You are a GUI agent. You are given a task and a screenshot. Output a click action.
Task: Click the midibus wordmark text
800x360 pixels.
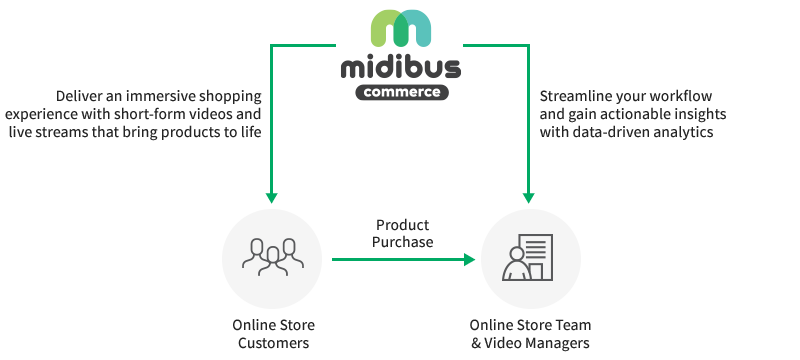pyautogui.click(x=400, y=67)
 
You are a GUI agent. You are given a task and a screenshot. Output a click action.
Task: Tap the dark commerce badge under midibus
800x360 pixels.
pyautogui.click(x=400, y=92)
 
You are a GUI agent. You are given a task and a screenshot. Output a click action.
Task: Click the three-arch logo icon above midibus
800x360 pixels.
pyautogui.click(x=400, y=27)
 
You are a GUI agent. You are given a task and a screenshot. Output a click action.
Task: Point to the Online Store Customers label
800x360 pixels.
pyautogui.click(x=271, y=334)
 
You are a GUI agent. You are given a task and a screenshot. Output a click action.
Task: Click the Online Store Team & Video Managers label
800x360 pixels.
pyautogui.click(x=530, y=334)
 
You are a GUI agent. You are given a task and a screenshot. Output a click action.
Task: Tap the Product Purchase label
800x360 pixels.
pyautogui.click(x=403, y=233)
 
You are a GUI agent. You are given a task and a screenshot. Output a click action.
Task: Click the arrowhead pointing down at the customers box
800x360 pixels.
pyautogui.click(x=270, y=195)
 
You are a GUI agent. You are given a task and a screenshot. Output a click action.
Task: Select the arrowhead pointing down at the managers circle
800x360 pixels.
pyautogui.click(x=529, y=195)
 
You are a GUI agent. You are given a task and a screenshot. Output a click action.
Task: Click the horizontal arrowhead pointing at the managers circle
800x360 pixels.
pyautogui.click(x=469, y=259)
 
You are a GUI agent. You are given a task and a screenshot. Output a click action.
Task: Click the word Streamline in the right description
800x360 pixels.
pyautogui.click(x=573, y=97)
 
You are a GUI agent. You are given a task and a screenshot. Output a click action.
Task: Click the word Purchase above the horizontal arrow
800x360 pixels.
pyautogui.click(x=403, y=242)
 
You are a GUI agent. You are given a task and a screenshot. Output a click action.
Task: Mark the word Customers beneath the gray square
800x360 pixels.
pyautogui.click(x=271, y=343)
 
